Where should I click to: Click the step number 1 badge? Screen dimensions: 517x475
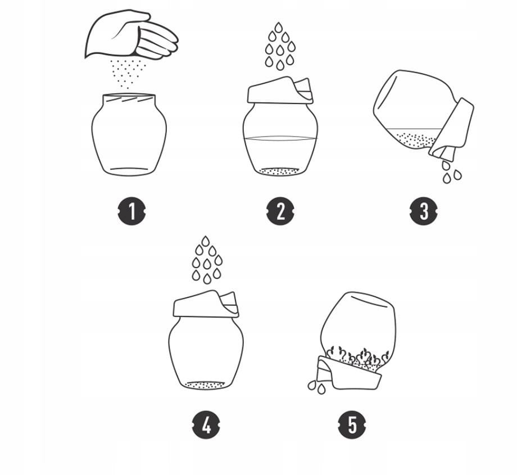coord(132,211)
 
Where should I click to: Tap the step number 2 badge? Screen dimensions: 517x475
coord(280,211)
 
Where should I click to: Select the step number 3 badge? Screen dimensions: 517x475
coord(424,211)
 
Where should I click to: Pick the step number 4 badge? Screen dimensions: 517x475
coord(206,425)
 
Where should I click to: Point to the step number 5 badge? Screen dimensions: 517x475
coord(352,425)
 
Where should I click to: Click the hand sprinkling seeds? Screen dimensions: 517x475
coord(132,35)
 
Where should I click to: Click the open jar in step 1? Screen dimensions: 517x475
coord(129,134)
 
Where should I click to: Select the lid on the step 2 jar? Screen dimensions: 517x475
coord(280,90)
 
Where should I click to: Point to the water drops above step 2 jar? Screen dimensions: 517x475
coord(280,46)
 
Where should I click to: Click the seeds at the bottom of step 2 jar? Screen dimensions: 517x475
coord(280,171)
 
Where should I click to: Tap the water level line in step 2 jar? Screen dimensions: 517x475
coord(280,138)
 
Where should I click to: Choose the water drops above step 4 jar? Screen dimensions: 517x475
coord(207,260)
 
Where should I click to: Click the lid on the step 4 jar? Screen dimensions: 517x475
coord(206,304)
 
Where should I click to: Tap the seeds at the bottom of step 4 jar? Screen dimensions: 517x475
coord(206,385)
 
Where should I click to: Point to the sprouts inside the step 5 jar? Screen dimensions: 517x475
coord(358,357)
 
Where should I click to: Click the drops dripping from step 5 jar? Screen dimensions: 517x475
coord(317,387)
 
